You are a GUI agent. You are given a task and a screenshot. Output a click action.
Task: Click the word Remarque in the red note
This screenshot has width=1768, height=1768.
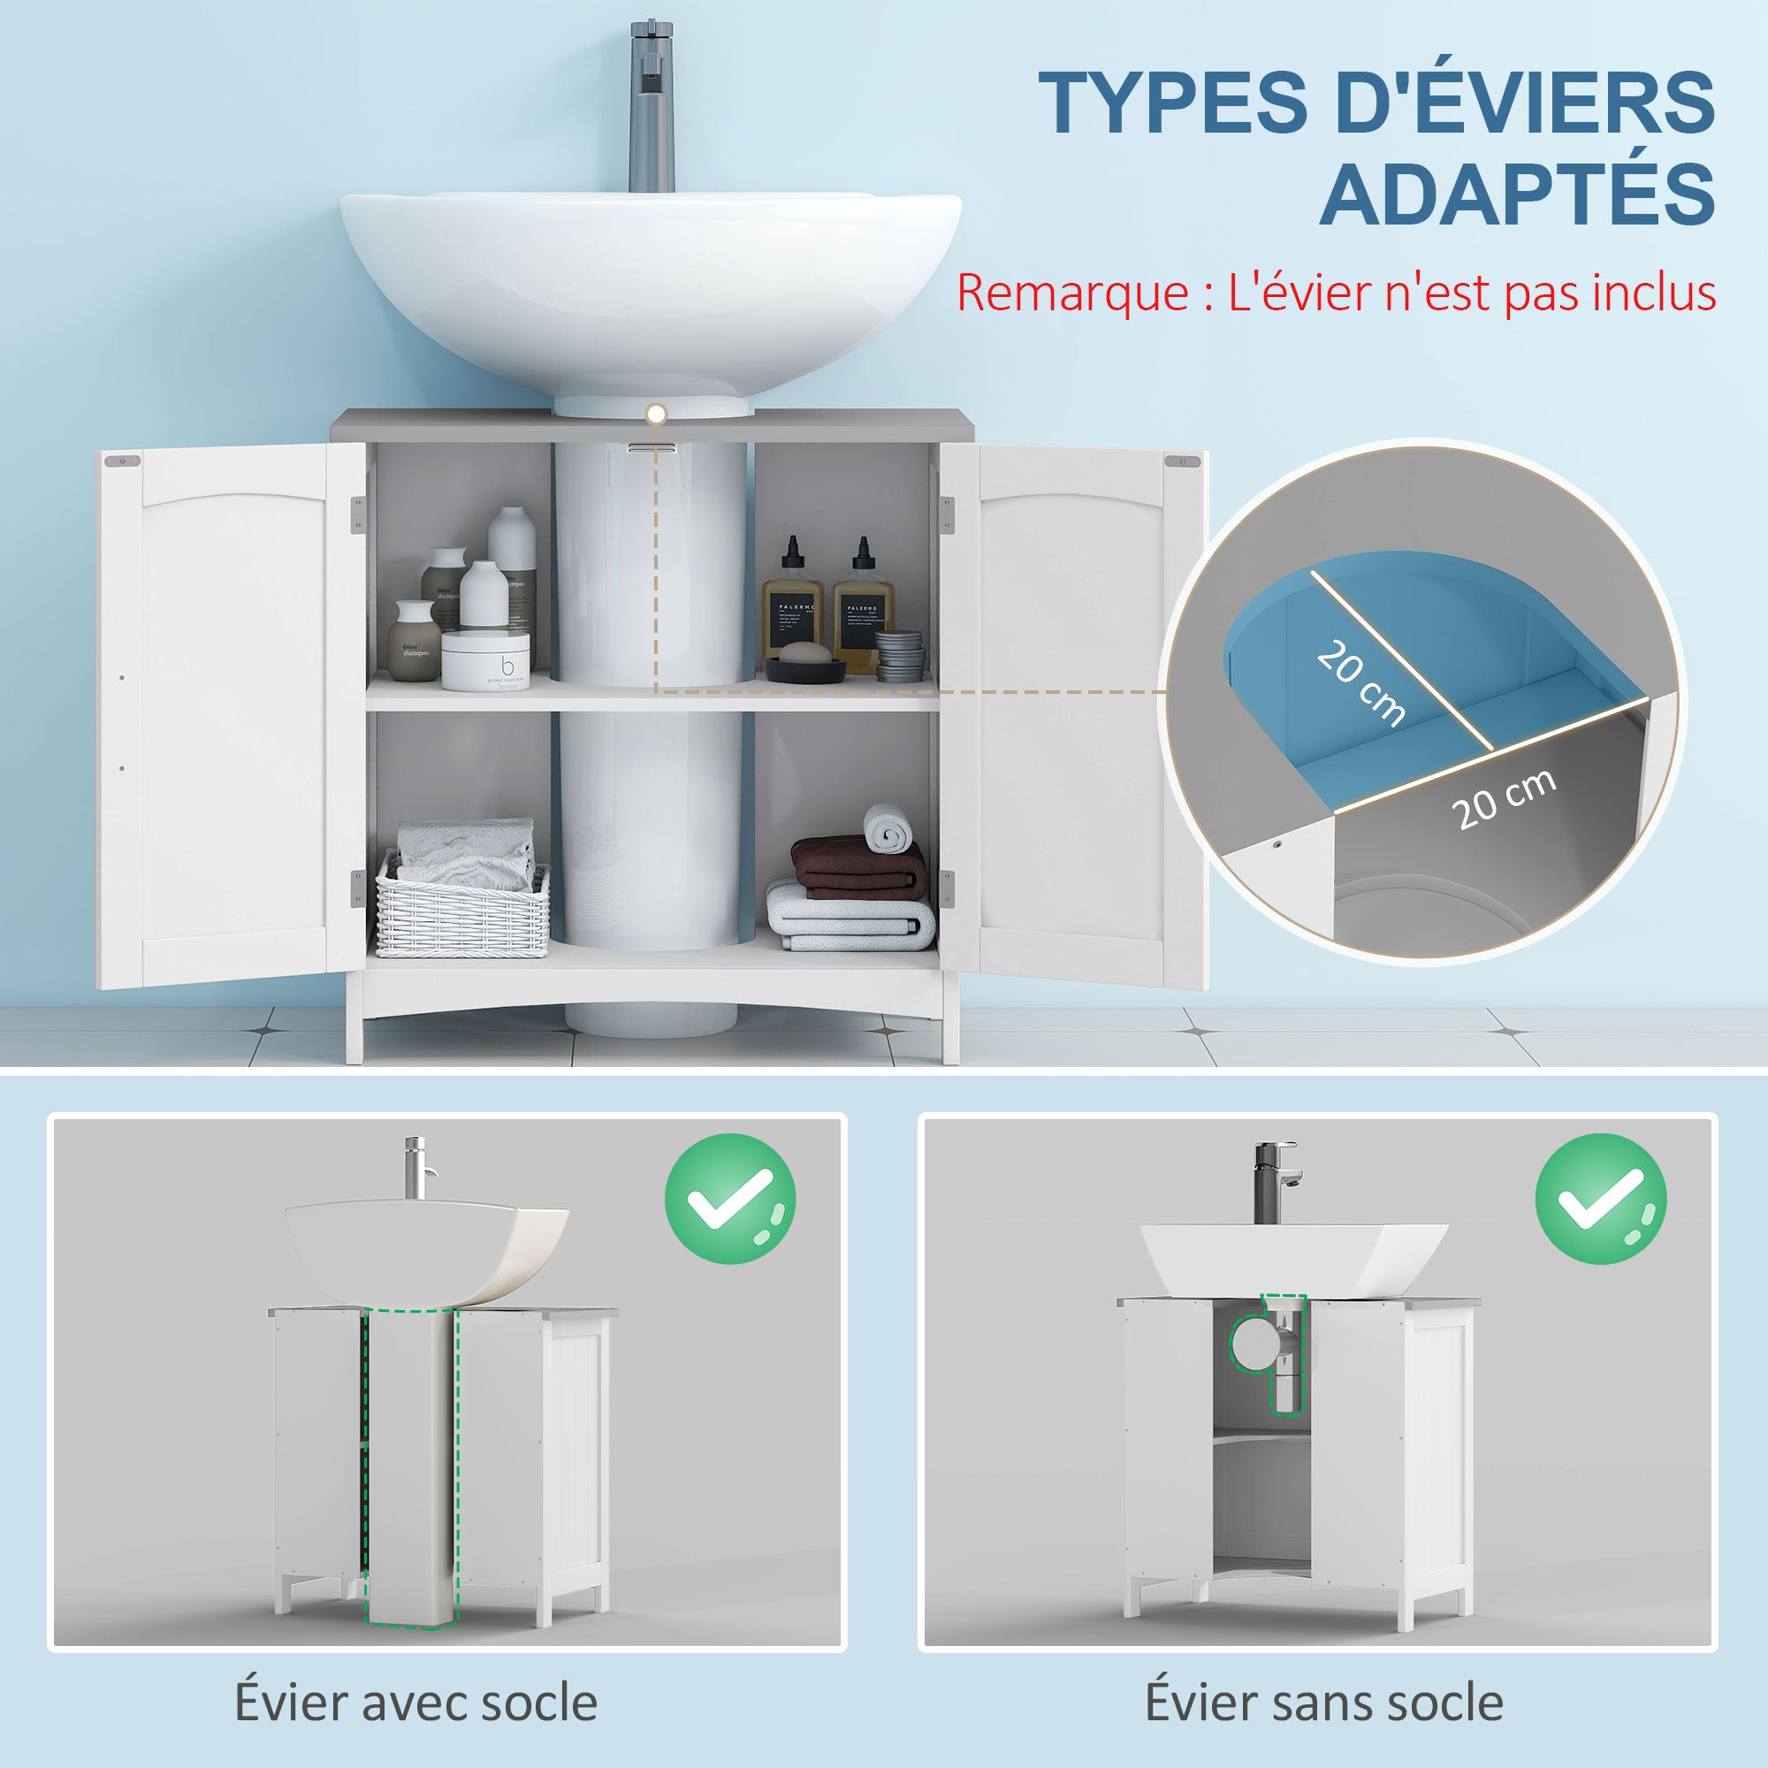coord(1071,293)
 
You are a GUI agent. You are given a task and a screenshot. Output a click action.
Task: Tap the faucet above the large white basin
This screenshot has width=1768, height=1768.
coord(652,110)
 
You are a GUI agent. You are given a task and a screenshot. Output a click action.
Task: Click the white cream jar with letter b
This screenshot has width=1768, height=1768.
coord(486,659)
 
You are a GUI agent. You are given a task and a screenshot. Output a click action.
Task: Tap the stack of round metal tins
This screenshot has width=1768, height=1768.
coord(900,653)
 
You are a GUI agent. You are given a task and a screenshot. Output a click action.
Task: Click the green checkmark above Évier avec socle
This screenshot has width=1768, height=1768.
coord(729,1199)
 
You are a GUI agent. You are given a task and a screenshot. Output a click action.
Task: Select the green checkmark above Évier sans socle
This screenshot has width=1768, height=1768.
coord(1601,1199)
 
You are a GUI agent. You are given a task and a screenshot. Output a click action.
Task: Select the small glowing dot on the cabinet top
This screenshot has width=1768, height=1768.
coord(655,415)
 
